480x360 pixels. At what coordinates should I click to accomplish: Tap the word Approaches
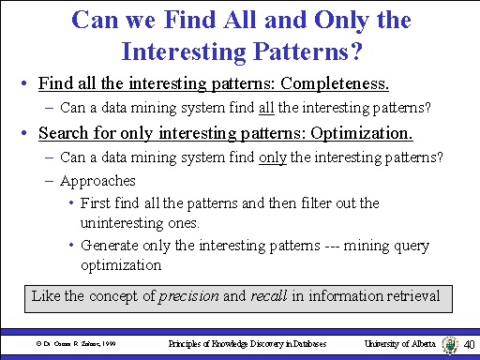(97, 180)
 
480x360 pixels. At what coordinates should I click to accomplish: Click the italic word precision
(187, 296)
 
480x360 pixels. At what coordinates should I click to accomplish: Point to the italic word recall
(270, 296)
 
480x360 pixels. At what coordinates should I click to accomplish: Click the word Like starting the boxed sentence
(46, 296)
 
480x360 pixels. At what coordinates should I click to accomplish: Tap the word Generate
(110, 246)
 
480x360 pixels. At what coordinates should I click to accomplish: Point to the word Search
(65, 133)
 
